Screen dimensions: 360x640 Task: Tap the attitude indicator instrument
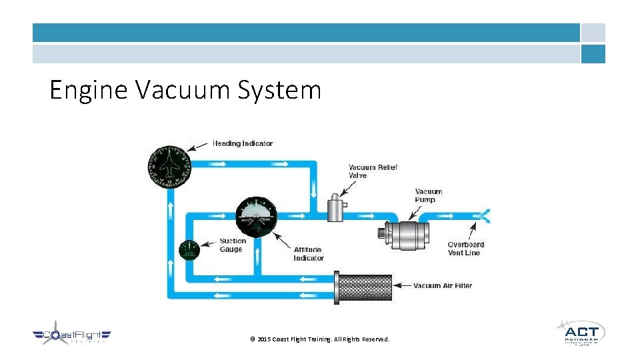pyautogui.click(x=257, y=217)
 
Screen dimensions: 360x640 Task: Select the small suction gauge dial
pyautogui.click(x=189, y=252)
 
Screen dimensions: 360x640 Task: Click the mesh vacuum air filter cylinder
pyautogui.click(x=365, y=285)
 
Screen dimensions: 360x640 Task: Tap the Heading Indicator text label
pyautogui.click(x=242, y=143)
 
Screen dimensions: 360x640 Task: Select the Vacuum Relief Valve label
pyautogui.click(x=373, y=171)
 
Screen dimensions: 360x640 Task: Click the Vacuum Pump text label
pyautogui.click(x=429, y=195)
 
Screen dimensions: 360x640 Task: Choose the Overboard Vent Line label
pyautogui.click(x=465, y=249)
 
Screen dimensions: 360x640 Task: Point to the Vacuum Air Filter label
pyautogui.click(x=443, y=286)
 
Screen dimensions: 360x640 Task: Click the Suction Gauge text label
pyautogui.click(x=233, y=245)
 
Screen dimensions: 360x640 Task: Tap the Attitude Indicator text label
pyautogui.click(x=309, y=254)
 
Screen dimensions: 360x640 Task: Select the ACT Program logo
pyautogui.click(x=580, y=332)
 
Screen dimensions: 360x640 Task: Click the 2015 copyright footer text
pyautogui.click(x=319, y=339)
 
